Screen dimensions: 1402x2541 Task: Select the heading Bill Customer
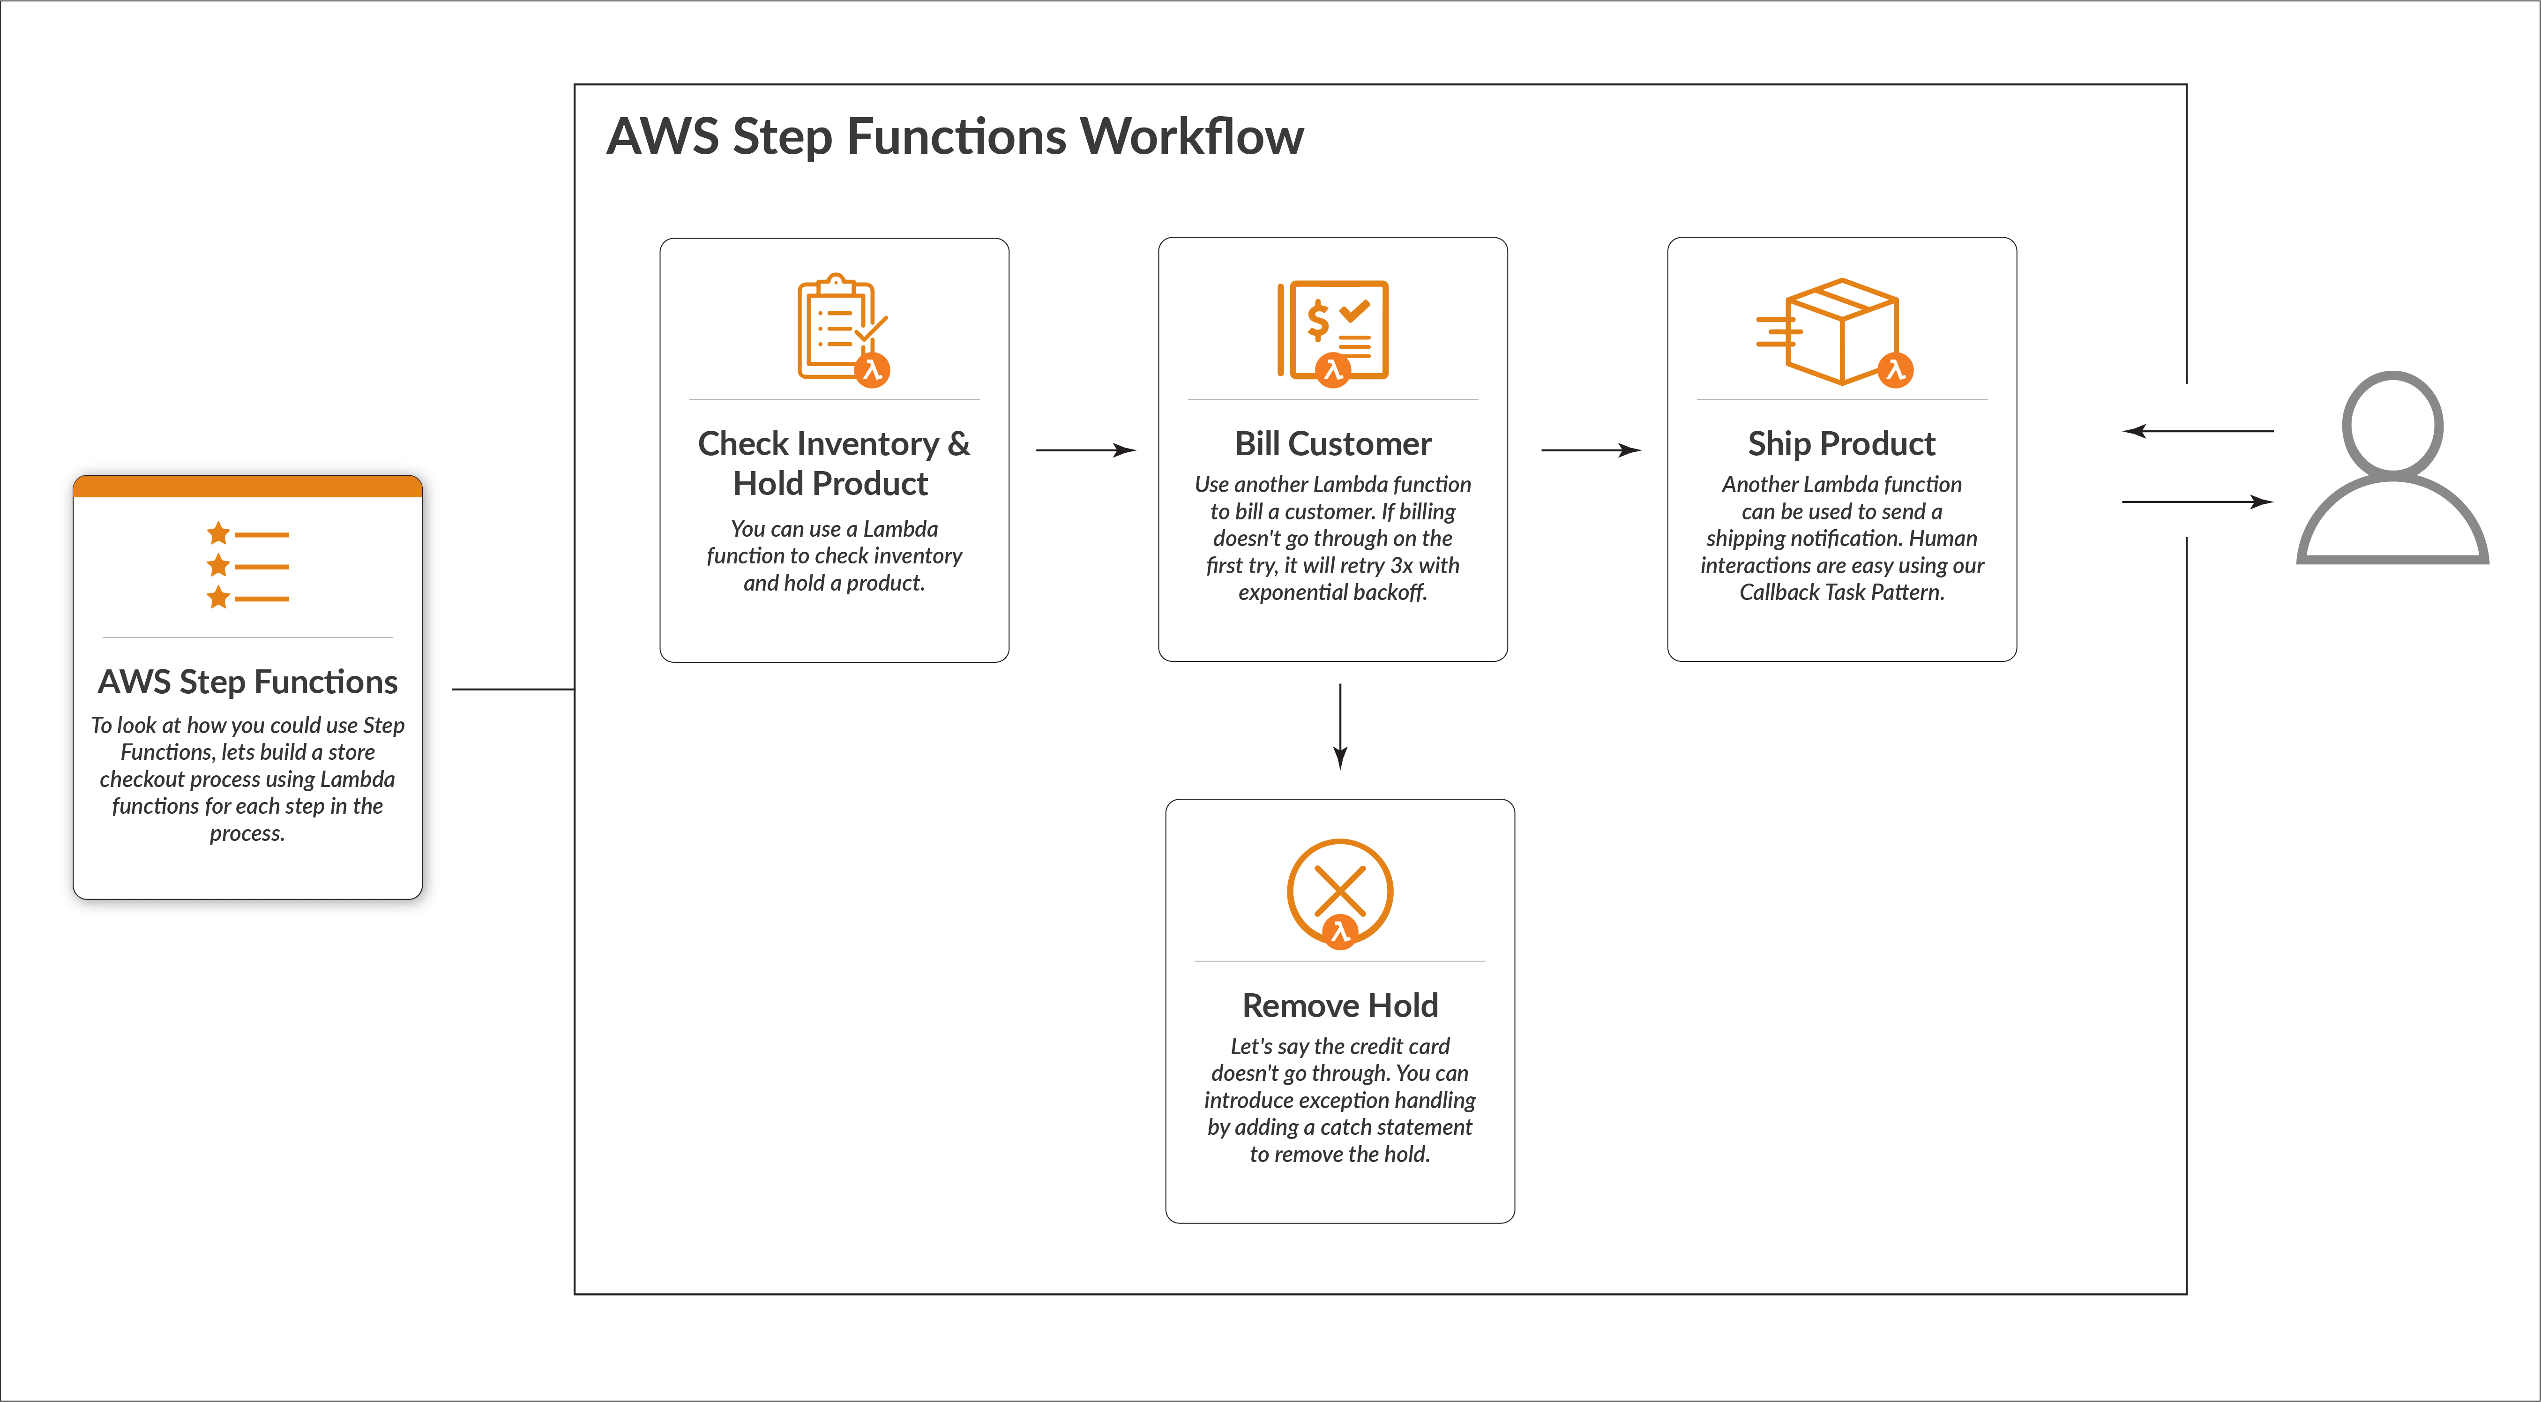[1333, 444]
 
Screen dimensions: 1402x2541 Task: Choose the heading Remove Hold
[1339, 1005]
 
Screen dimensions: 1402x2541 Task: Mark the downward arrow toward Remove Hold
[1339, 725]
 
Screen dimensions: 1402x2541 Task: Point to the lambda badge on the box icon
[1895, 370]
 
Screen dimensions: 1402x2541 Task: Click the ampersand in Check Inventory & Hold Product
[958, 444]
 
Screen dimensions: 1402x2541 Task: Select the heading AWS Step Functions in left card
[247, 682]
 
